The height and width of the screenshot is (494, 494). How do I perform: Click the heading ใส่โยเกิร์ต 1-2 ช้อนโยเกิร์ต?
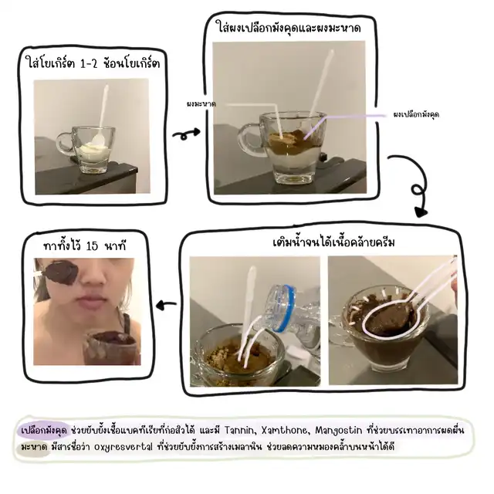tap(93, 64)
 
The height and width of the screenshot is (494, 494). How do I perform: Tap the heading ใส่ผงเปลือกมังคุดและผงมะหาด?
tap(289, 28)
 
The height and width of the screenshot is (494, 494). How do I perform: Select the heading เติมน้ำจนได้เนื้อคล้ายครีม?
tap(333, 242)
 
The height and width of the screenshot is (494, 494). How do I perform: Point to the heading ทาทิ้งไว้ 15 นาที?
tap(85, 245)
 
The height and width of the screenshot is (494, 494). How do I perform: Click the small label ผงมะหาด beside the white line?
tap(201, 104)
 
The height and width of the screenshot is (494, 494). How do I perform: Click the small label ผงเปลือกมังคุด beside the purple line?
tap(416, 114)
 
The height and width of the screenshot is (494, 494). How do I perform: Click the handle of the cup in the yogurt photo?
tap(65, 144)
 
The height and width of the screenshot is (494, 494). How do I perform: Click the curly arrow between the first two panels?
tap(186, 134)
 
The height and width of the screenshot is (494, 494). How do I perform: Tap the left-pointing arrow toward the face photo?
tap(166, 304)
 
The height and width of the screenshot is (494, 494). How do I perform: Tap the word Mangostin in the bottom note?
tap(338, 430)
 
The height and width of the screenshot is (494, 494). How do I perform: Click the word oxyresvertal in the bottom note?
tap(123, 447)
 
